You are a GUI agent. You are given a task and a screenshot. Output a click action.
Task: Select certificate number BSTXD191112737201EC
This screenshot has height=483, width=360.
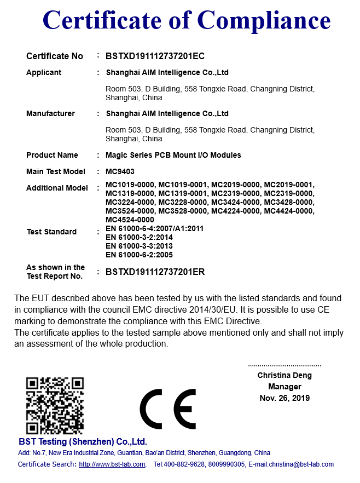[x=155, y=56]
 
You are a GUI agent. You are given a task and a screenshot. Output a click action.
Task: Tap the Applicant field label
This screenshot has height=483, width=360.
[x=44, y=72]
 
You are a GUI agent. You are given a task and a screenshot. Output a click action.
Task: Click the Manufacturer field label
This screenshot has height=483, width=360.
[x=50, y=113]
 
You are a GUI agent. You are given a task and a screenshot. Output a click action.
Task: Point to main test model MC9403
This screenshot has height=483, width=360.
[x=120, y=171]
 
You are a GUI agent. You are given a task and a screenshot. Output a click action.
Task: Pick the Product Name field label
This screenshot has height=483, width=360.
[x=52, y=155]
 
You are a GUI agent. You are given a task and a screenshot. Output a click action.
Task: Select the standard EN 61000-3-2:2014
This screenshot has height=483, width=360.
[x=139, y=237]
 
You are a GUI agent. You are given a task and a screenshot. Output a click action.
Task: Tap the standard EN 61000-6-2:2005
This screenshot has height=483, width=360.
[x=139, y=255]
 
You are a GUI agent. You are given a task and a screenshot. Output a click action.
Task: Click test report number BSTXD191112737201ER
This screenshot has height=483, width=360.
[x=155, y=272]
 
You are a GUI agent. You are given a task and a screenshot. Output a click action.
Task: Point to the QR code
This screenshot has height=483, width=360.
[x=55, y=405]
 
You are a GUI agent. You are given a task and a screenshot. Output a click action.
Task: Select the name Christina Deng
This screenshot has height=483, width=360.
[x=284, y=375]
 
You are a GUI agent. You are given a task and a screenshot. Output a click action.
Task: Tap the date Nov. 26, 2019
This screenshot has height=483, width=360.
[x=284, y=398]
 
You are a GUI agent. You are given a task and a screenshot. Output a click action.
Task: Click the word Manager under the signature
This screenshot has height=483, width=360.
[x=284, y=387]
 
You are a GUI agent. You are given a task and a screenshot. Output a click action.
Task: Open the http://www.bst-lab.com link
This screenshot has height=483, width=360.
[x=112, y=464]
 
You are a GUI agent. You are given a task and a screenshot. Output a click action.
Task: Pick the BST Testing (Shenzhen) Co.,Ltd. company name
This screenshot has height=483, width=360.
[x=83, y=441]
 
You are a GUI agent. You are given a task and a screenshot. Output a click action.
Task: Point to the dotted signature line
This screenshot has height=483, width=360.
[x=284, y=365]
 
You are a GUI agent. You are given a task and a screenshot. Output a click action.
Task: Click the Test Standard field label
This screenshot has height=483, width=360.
[x=51, y=232]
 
